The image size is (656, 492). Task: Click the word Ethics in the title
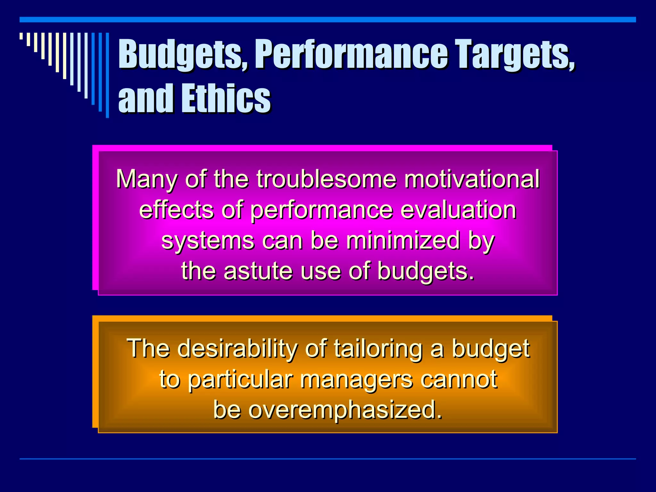(226, 98)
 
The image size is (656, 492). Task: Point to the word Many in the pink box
(146, 179)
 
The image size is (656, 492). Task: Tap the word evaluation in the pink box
(458, 210)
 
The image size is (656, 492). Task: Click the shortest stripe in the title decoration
(21, 36)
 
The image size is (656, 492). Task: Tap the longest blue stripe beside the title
(107, 75)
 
